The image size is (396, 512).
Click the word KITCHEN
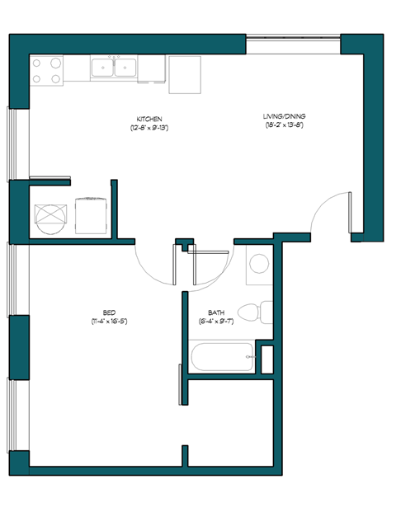pos(148,119)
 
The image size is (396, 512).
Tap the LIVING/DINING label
pos(285,116)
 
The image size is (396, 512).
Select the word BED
pos(109,312)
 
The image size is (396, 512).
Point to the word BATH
pos(216,312)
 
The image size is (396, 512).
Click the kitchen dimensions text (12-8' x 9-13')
pos(148,128)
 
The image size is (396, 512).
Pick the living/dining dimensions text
pos(285,125)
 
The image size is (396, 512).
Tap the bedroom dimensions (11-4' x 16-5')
pos(109,321)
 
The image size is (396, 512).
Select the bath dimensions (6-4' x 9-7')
pos(216,321)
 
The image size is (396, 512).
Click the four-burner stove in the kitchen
pos(47,69)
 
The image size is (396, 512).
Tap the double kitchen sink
pos(115,68)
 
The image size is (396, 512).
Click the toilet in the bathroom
pos(251,312)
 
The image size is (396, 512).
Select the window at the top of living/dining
pos(293,36)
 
